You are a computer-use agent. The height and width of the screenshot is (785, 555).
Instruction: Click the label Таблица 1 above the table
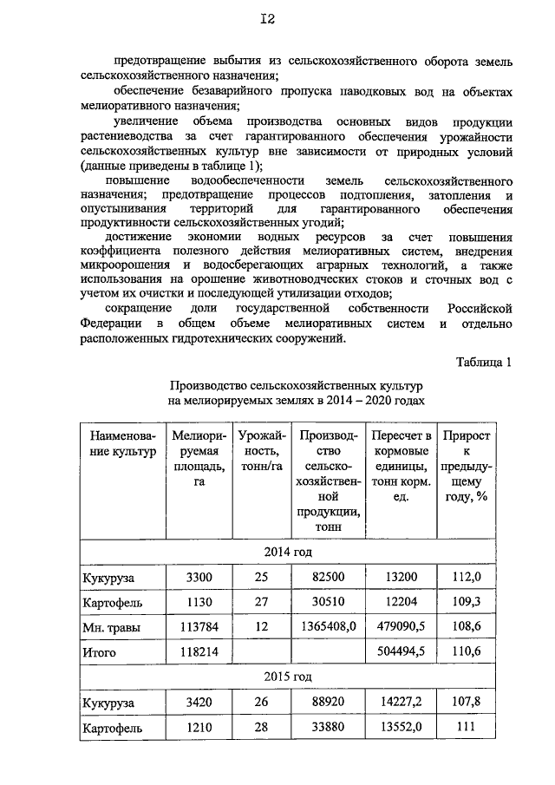483,363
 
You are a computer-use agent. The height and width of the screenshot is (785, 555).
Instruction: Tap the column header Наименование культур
117,443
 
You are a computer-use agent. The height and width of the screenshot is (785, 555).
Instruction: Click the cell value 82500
329,577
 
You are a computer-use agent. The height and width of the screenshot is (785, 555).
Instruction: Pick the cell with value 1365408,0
329,626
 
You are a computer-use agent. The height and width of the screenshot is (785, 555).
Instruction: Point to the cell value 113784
199,626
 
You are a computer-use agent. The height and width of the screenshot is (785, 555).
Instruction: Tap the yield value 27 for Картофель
261,601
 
